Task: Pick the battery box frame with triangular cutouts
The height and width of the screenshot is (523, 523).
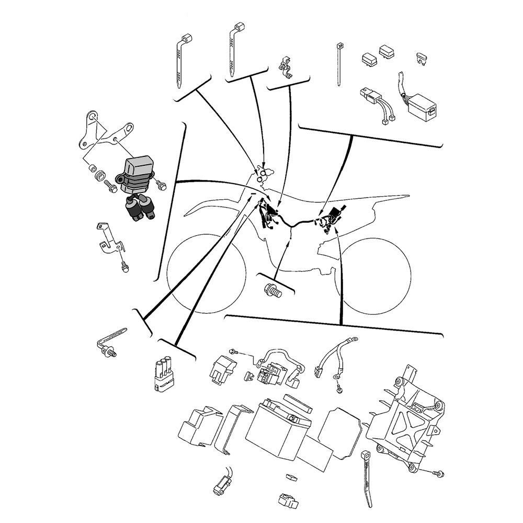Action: pos(403,418)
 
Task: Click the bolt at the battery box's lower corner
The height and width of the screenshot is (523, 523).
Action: pos(438,473)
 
